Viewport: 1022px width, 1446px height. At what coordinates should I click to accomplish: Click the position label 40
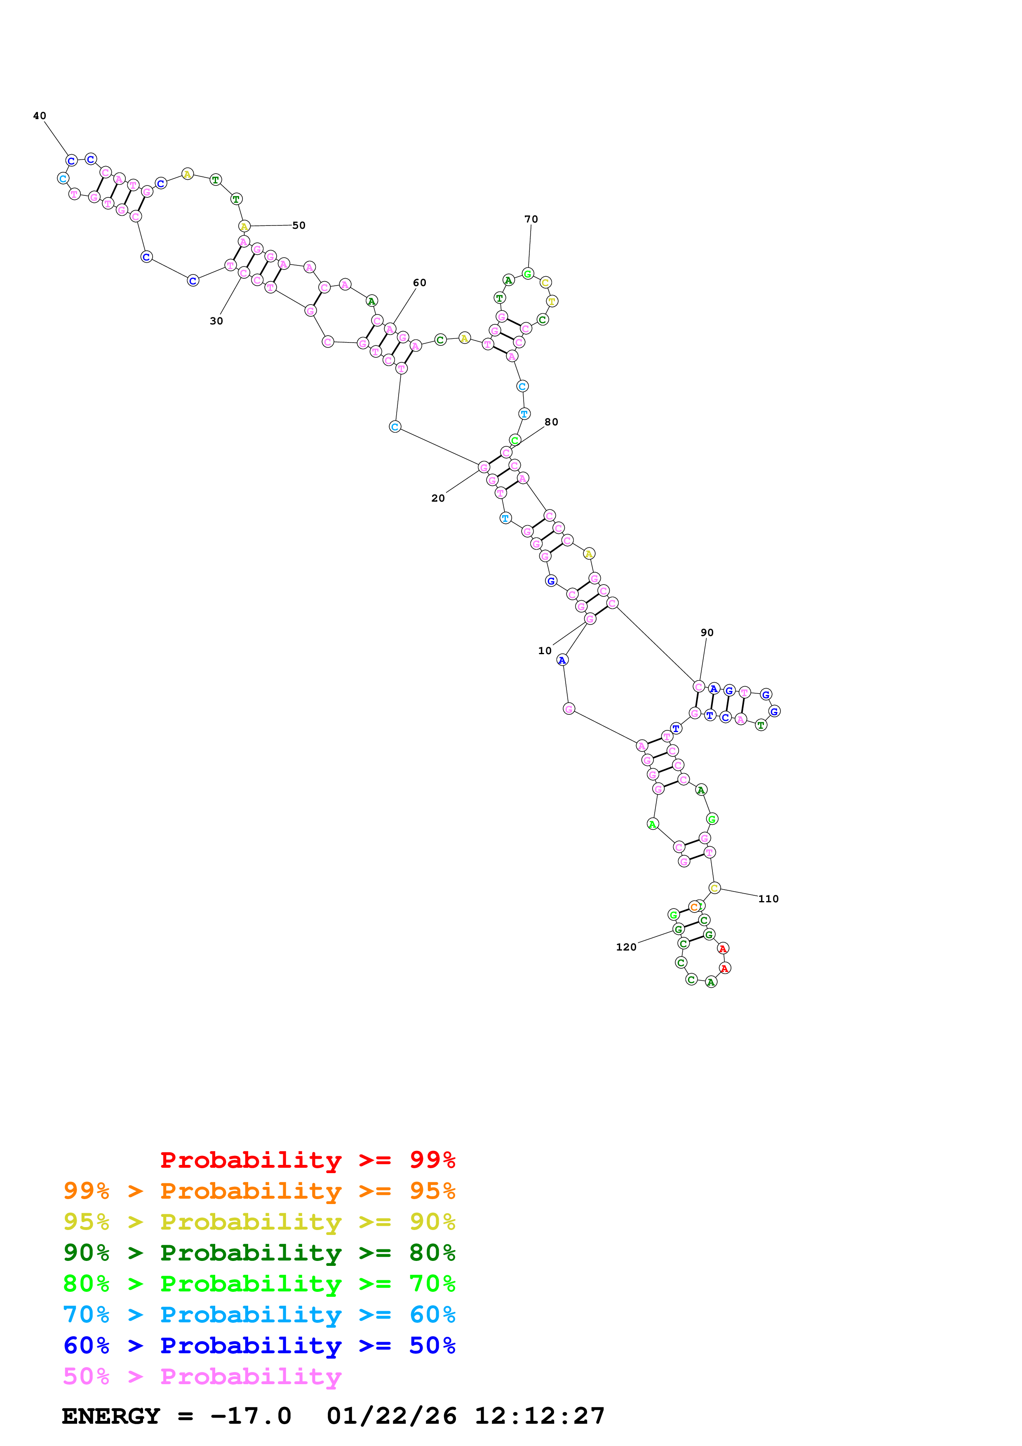[40, 116]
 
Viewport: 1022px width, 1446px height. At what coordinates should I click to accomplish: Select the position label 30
[216, 321]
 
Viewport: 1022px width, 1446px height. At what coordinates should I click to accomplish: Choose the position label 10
[545, 650]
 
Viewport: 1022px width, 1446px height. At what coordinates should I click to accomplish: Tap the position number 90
[707, 632]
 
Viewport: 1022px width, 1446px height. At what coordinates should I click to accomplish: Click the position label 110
[768, 899]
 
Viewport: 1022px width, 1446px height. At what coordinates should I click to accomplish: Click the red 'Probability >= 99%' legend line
[307, 1160]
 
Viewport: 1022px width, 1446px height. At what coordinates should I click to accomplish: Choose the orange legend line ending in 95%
[259, 1191]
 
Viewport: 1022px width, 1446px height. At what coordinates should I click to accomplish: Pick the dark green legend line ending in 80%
[259, 1253]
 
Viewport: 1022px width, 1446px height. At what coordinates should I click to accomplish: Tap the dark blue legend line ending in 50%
[259, 1345]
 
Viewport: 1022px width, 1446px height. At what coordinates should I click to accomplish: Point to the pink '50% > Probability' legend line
[202, 1377]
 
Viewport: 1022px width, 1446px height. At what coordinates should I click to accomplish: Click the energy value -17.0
[251, 1416]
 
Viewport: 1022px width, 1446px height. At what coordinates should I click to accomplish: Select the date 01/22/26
[392, 1416]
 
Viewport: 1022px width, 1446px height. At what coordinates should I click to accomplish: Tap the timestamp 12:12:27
[540, 1416]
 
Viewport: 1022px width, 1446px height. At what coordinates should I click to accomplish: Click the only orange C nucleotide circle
[694, 907]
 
